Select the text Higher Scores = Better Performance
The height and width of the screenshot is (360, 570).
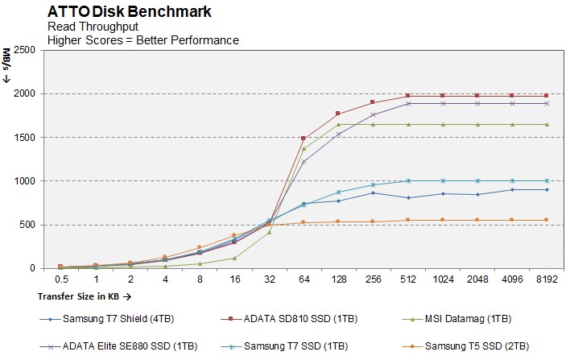[x=143, y=39]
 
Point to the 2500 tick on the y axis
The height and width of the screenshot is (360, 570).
[x=23, y=50]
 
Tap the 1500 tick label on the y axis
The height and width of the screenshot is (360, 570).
[x=23, y=138]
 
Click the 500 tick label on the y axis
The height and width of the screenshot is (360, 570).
[x=27, y=225]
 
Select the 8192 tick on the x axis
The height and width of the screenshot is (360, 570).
[x=547, y=279]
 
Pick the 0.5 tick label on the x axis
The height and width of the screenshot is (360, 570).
[x=60, y=279]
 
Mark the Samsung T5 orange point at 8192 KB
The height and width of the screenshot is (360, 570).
[x=547, y=220]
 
